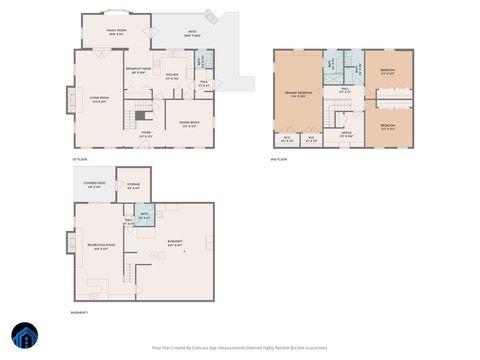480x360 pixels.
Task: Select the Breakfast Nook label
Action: pos(138,70)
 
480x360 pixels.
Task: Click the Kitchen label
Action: pos(172,76)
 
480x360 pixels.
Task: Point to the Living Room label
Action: pos(99,98)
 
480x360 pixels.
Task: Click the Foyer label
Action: pos(146,133)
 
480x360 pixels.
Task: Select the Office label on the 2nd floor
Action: pos(346,134)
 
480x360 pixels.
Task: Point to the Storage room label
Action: pos(133,186)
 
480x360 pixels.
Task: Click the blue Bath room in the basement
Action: pos(145,214)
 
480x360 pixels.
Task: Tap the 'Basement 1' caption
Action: pos(81,313)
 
